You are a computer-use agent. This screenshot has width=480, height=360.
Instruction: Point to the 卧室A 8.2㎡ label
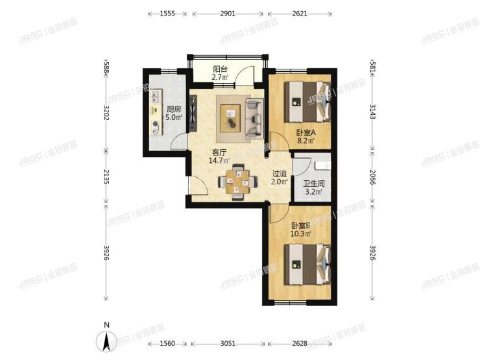coord(305,136)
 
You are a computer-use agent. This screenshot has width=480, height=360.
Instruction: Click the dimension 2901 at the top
coord(228,13)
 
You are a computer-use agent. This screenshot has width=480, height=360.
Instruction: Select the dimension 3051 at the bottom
coord(228,343)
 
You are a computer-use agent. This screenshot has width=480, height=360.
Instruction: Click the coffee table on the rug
coord(232,117)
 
